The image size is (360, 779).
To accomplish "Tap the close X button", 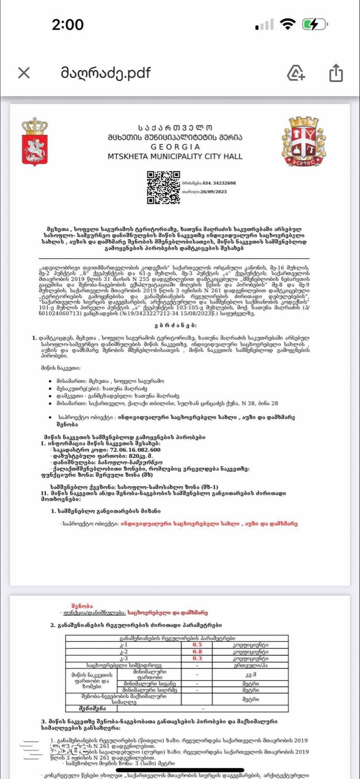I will point(24,73).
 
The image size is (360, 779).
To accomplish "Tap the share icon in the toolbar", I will point(336,73).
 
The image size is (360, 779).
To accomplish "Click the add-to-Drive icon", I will point(296,73).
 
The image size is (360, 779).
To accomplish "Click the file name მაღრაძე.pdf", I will point(106,72).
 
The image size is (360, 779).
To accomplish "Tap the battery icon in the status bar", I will point(314,25).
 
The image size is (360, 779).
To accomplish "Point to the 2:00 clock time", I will point(68,25).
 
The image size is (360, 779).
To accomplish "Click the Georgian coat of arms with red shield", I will point(35,141).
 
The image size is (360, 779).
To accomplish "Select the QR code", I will point(163,187).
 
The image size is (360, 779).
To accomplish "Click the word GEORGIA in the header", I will point(175,147).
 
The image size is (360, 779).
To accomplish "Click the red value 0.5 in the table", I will point(197,645).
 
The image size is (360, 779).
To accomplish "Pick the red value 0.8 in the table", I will point(197,652).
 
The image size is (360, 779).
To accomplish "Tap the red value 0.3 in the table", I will point(197,658).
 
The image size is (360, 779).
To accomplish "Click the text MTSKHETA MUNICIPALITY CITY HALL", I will point(175,156).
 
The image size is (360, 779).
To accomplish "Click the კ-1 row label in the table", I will point(124,645).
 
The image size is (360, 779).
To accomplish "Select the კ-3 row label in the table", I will point(124,658).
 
